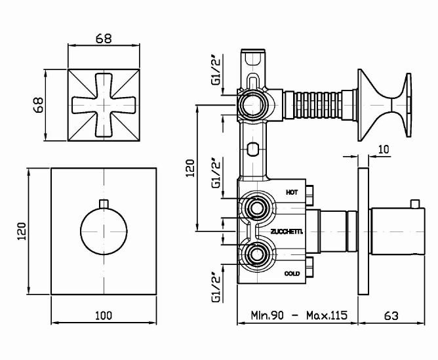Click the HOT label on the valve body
(x=292, y=192)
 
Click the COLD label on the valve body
(x=292, y=273)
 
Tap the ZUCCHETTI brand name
(x=287, y=231)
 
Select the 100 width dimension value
(x=104, y=315)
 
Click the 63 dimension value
(x=391, y=316)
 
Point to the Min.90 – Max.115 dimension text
(x=299, y=315)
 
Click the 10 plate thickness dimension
(x=384, y=150)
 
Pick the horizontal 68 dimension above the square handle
(x=104, y=39)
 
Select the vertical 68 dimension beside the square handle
(x=38, y=105)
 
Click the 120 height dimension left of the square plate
(x=22, y=231)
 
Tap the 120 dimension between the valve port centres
(x=190, y=168)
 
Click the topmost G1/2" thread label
(x=216, y=69)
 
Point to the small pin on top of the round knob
(x=104, y=203)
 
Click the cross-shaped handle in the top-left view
(x=104, y=105)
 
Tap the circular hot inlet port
(x=256, y=208)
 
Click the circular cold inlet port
(x=256, y=254)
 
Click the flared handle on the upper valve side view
(x=385, y=105)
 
